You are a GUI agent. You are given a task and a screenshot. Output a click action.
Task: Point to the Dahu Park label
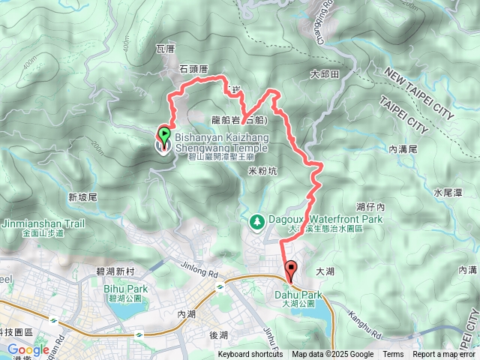pos(298,295)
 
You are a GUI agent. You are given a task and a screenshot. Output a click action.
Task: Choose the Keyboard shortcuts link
pos(250,355)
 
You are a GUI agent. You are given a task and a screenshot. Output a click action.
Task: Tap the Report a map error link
pos(444,355)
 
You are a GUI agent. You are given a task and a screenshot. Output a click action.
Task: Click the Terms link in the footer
pos(393,355)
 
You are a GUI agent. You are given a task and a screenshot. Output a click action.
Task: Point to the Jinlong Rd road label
pos(198,265)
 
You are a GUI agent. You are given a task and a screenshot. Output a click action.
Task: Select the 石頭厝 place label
pos(193,69)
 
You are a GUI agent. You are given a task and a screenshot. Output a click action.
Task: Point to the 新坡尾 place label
pos(82,197)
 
